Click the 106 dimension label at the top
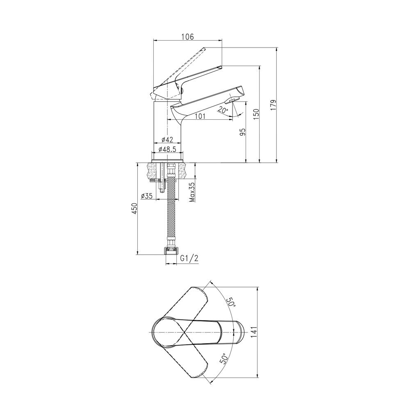188,37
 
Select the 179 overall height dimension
273,105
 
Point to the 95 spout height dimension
243,132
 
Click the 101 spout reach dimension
200,116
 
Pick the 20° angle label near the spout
223,110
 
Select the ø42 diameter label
167,140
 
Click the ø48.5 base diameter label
167,149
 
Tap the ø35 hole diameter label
146,196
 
